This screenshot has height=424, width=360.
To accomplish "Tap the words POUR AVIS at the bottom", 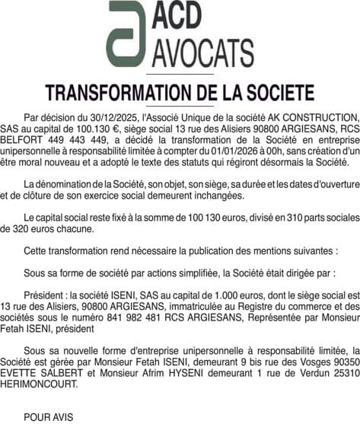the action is coord(49,417).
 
